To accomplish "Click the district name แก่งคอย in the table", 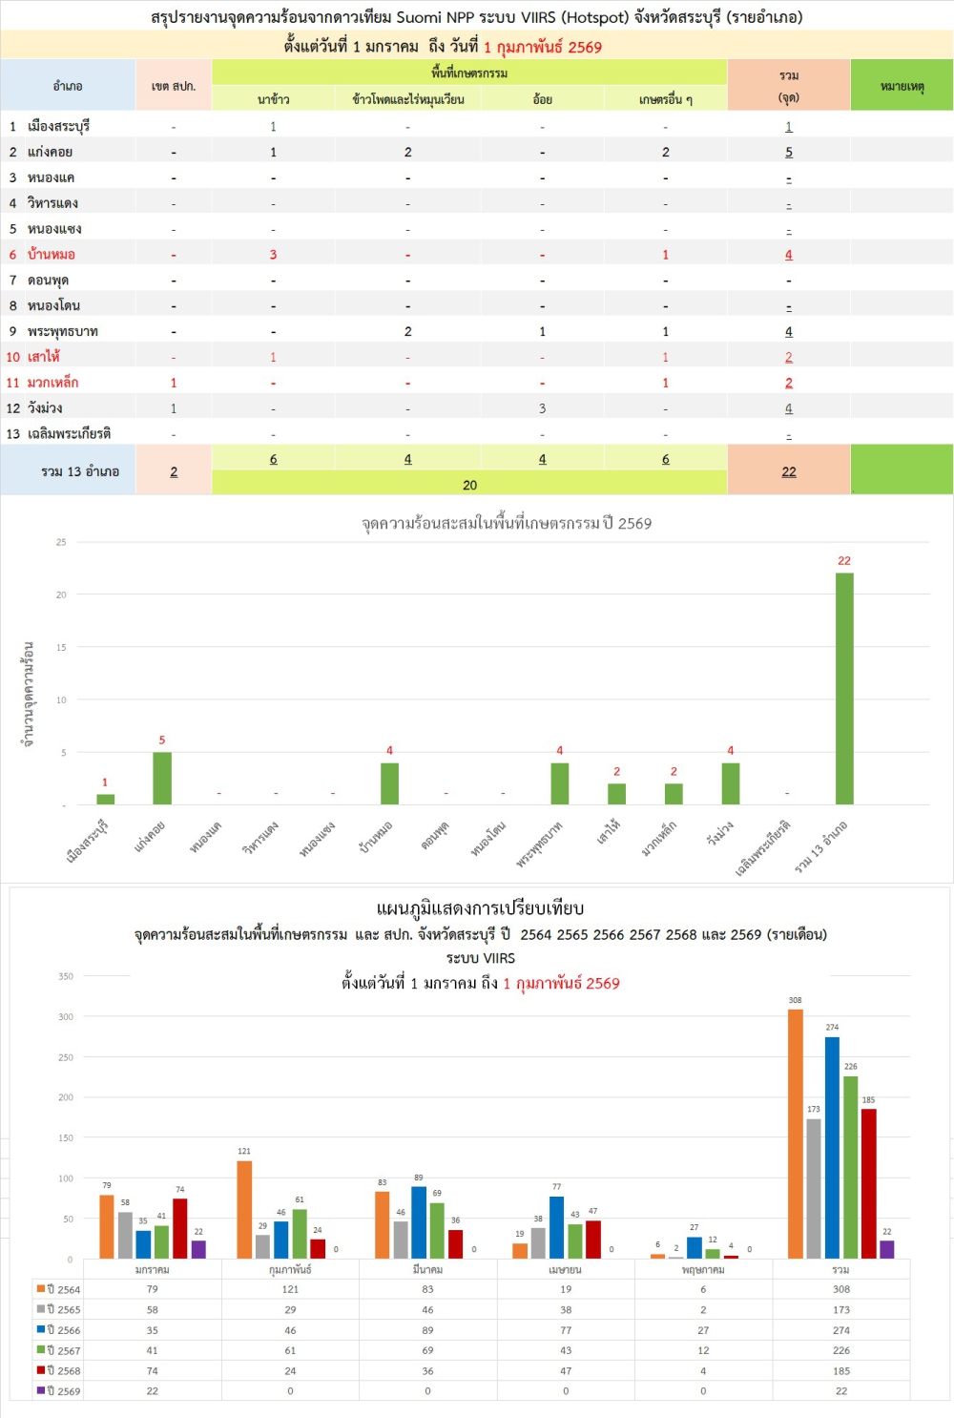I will [50, 152].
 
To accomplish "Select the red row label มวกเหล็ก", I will [53, 383].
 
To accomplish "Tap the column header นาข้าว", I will [274, 99].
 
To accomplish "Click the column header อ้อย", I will [542, 99].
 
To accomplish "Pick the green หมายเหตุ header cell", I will [902, 86].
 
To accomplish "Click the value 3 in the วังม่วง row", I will [542, 408].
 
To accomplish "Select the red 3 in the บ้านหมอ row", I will [273, 255].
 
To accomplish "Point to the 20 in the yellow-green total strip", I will [469, 485].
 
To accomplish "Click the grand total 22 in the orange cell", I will [789, 471].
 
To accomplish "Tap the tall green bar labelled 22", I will [844, 687].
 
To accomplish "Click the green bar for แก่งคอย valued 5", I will [162, 778].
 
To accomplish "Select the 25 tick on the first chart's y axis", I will [61, 542].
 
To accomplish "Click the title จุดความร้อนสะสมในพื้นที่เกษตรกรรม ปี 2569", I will [507, 523].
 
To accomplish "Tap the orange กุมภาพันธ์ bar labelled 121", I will [244, 1209].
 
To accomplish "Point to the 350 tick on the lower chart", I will [66, 976].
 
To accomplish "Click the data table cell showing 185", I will [840, 1371].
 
